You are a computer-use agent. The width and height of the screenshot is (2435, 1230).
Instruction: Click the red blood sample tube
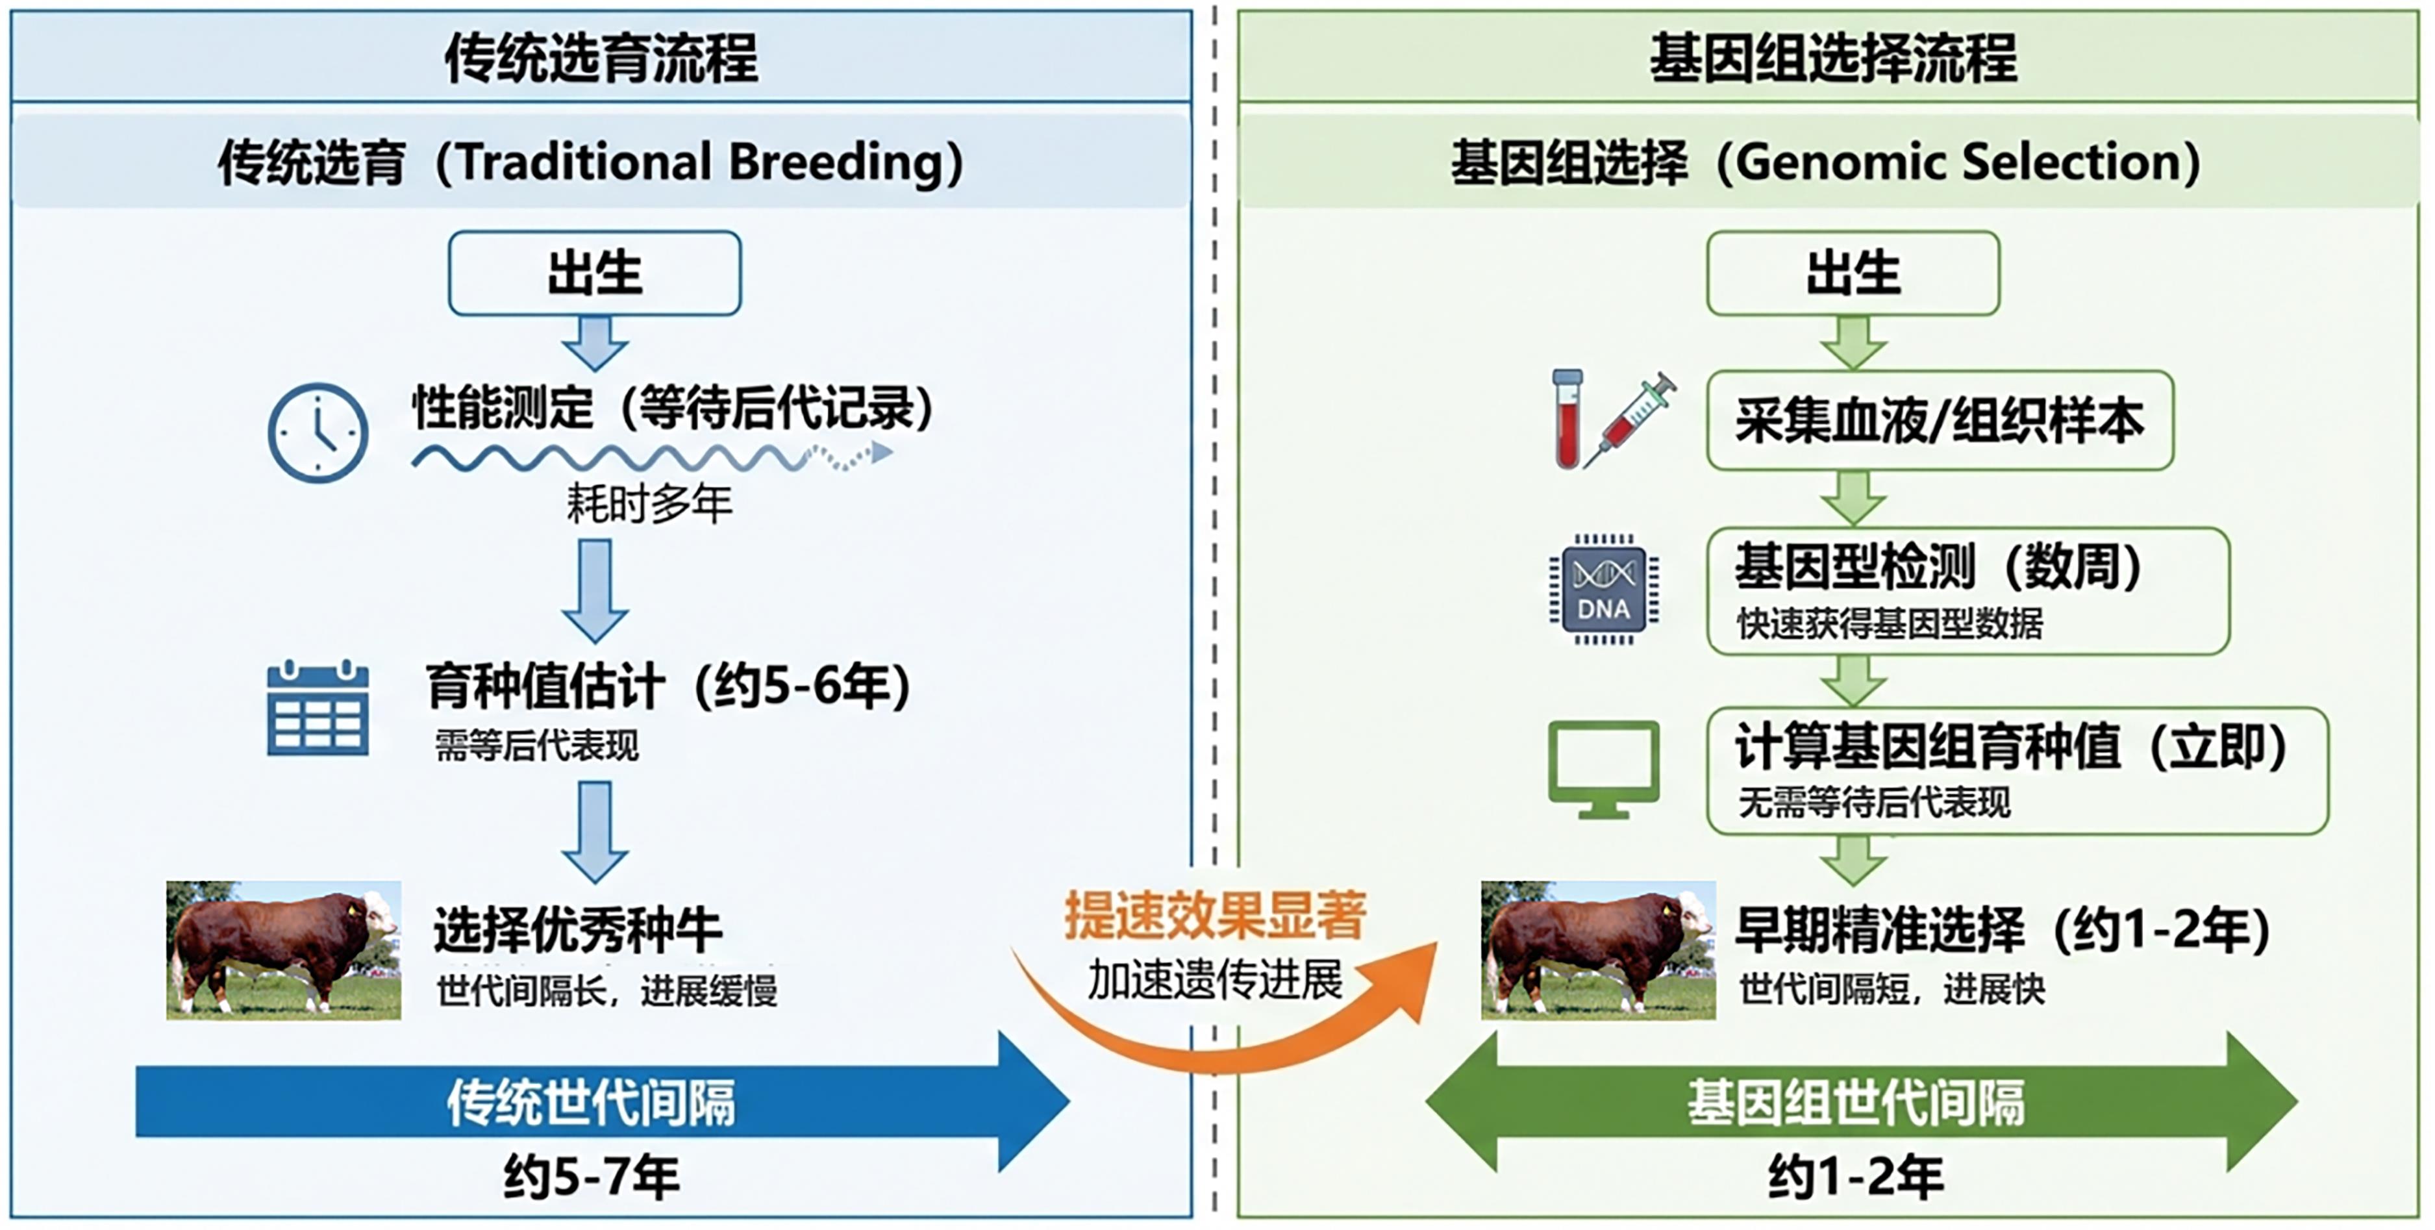1567,419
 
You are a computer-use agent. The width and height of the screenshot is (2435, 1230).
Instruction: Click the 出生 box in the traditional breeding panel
595,273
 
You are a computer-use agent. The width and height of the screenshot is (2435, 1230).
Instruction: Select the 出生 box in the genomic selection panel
1853,273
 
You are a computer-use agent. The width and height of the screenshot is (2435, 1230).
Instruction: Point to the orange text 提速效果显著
1216,915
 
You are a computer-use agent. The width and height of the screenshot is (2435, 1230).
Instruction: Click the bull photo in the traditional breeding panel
284,950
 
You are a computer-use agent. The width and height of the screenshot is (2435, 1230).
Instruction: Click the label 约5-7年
592,1177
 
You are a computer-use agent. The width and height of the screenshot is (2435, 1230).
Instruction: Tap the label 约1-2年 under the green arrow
1856,1177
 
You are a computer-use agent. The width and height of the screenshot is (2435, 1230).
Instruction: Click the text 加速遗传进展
1216,979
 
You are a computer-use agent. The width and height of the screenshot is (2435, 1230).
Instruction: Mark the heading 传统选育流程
601,58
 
